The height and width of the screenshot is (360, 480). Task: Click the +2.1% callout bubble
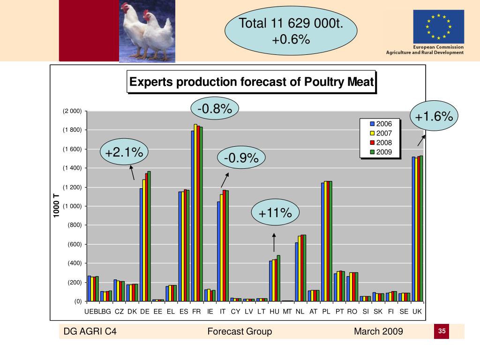click(124, 152)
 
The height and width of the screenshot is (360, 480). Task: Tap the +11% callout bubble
click(275, 213)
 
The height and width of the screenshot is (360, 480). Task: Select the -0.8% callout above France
click(215, 109)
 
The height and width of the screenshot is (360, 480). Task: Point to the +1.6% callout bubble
click(434, 116)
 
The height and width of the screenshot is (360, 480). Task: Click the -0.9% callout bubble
click(241, 159)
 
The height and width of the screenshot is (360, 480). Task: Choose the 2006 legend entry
click(381, 124)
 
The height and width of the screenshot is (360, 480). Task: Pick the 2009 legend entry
click(381, 152)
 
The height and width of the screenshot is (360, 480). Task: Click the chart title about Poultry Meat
click(251, 82)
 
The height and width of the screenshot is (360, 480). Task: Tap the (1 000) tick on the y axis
click(72, 206)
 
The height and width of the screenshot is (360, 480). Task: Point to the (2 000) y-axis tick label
click(72, 111)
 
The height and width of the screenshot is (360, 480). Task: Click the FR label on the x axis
click(196, 311)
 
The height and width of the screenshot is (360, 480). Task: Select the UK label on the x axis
click(417, 311)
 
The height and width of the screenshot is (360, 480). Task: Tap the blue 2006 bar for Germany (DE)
click(141, 244)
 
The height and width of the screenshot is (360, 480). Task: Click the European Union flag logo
click(438, 27)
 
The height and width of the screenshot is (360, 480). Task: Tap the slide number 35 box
click(441, 331)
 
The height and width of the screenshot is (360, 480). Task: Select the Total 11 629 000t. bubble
click(291, 31)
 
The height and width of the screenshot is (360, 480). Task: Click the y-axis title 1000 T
click(57, 206)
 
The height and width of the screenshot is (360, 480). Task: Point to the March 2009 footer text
click(378, 332)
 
